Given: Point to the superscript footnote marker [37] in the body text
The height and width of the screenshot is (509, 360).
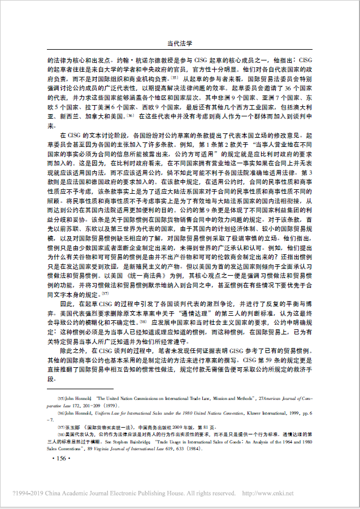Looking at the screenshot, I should coord(105,293).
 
